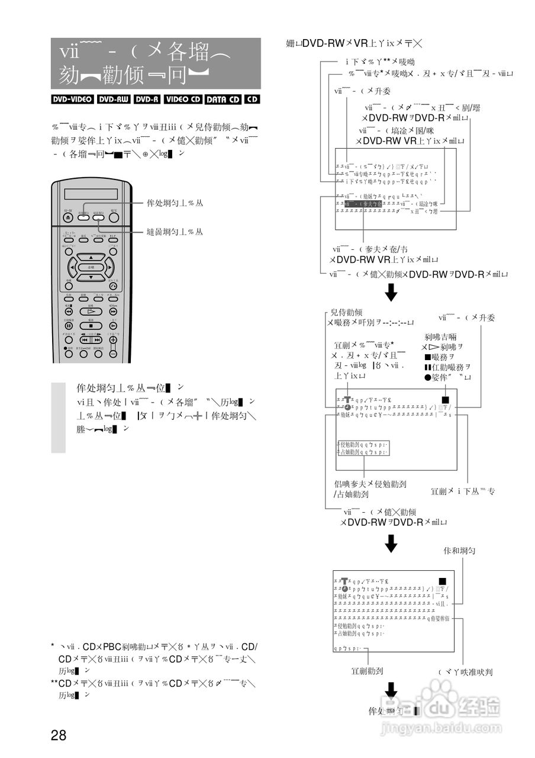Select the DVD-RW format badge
[x=114, y=99]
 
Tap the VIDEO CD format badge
[x=183, y=99]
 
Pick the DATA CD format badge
[x=223, y=99]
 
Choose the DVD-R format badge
[x=147, y=99]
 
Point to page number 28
[x=59, y=735]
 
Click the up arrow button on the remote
[x=91, y=258]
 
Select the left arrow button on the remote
[x=72, y=267]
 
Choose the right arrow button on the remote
[x=109, y=267]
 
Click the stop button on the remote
[x=91, y=325]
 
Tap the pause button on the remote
[x=69, y=325]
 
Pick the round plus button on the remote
[x=113, y=339]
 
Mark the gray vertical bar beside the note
[x=58, y=417]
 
